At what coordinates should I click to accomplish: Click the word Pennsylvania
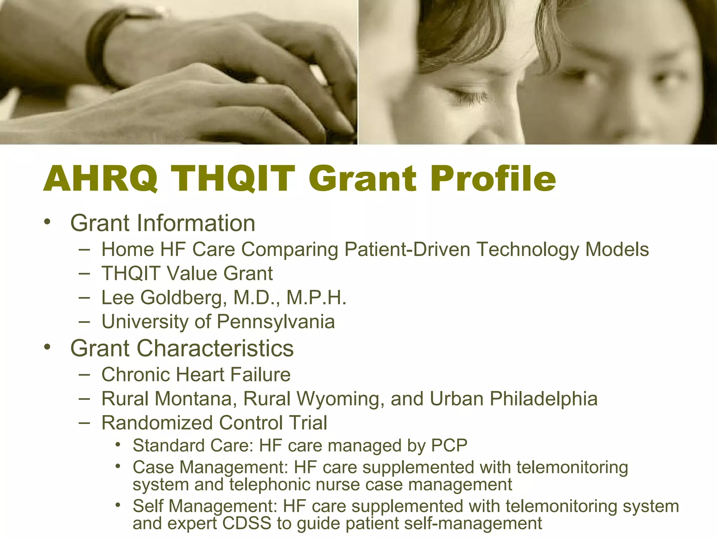(x=276, y=322)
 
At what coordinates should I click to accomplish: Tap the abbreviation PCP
(x=449, y=446)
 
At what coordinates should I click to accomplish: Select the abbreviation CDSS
(x=247, y=523)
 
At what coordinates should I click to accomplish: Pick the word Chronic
(x=136, y=374)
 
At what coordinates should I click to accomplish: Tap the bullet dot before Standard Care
(x=118, y=445)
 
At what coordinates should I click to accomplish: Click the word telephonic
(x=270, y=485)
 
